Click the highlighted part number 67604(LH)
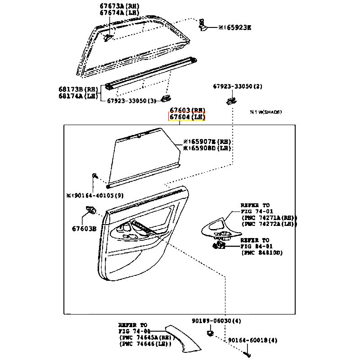[187, 117]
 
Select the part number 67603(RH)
[187, 110]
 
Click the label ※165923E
[234, 27]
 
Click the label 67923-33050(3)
[131, 101]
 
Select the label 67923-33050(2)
[238, 86]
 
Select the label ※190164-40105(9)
[94, 196]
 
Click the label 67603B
[85, 228]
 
